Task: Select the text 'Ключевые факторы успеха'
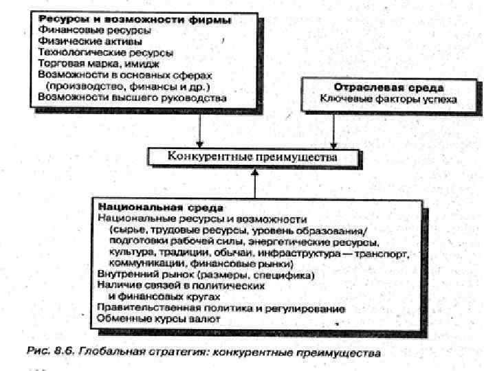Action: pyautogui.click(x=388, y=100)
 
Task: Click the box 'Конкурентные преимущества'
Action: pyautogui.click(x=253, y=157)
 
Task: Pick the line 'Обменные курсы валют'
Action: pyautogui.click(x=151, y=319)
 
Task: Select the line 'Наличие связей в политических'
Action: pyautogui.click(x=181, y=286)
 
